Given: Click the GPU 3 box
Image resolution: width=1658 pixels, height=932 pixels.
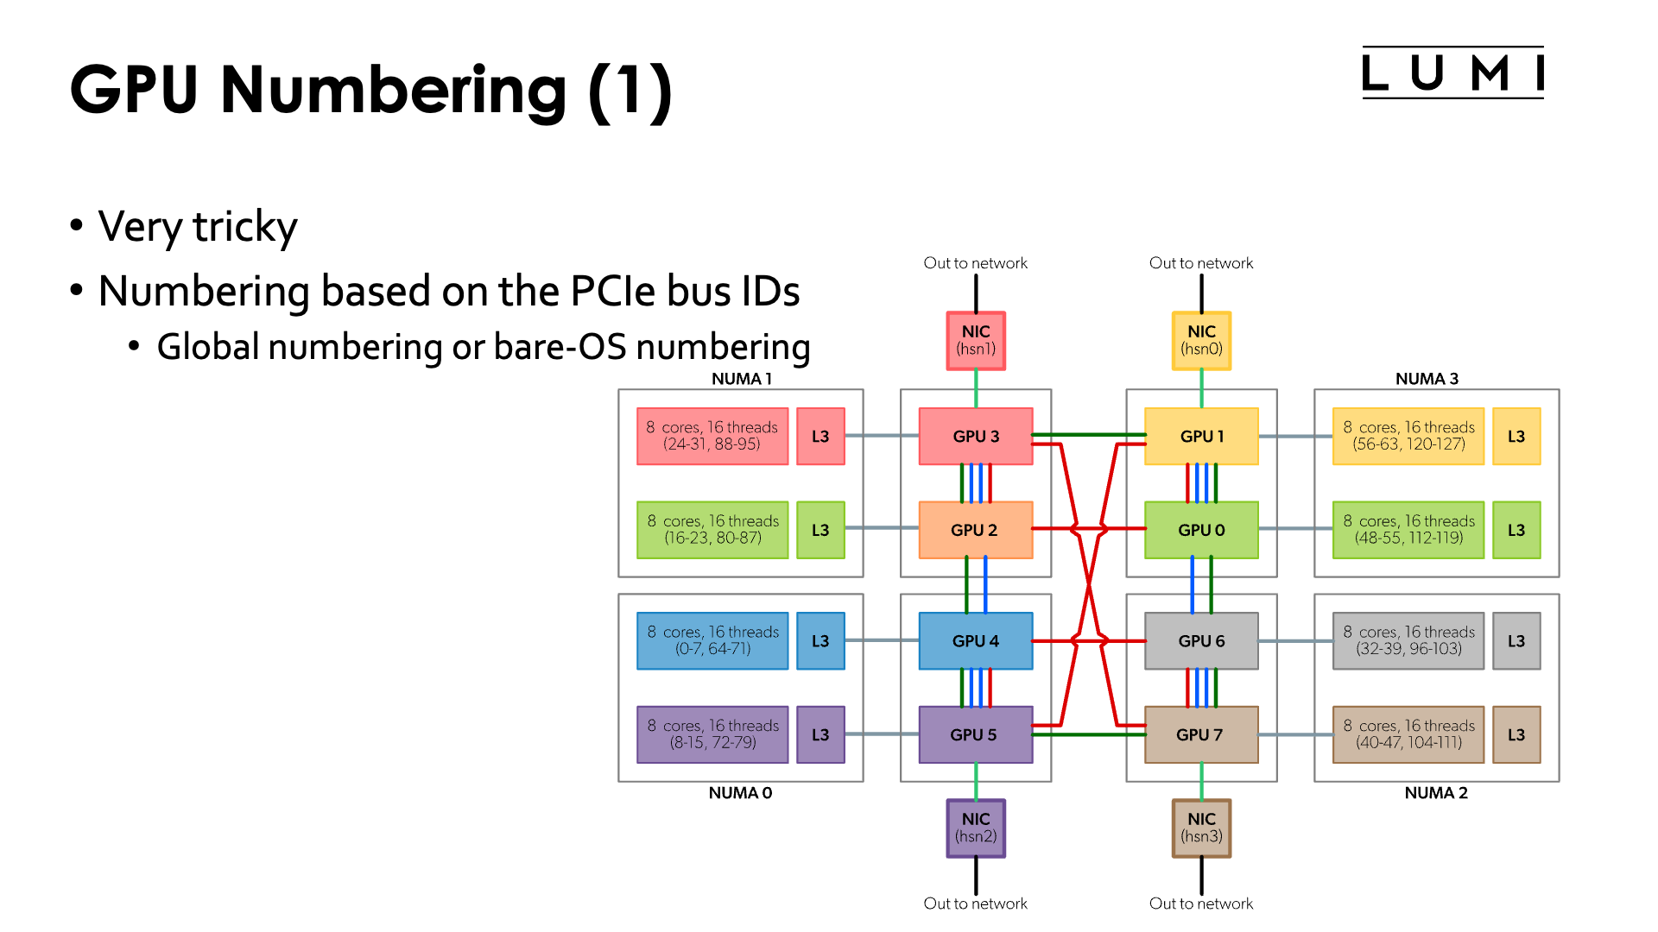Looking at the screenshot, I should coord(976,437).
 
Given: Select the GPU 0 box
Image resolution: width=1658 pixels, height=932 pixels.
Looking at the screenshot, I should coord(1201,530).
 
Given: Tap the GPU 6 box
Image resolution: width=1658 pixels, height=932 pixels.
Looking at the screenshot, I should coord(1201,641).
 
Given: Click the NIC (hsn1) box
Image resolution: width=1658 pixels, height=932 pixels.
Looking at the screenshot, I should coord(976,341).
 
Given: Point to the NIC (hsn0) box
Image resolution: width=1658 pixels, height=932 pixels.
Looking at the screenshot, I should coord(1201,341).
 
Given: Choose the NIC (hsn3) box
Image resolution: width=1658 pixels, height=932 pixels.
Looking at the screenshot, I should coord(1201,828).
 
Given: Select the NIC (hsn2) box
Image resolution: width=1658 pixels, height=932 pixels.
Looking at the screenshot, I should coord(976,828).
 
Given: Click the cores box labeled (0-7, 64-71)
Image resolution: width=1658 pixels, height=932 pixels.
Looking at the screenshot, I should coord(712,641).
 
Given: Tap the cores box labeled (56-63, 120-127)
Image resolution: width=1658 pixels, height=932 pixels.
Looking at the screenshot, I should coord(1408,437).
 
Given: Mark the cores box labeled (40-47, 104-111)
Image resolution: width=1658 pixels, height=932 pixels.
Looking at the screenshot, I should coord(1408,734).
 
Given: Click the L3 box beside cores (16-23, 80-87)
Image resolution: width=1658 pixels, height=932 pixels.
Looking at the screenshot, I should coord(820,530).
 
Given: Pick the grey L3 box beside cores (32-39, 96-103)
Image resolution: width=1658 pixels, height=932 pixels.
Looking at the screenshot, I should coord(1516,641).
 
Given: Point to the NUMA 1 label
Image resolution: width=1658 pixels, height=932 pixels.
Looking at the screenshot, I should coord(741,379).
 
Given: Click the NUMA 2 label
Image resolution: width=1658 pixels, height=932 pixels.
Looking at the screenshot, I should coord(1436,793).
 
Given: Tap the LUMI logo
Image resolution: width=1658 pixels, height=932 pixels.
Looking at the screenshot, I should coord(1452,73).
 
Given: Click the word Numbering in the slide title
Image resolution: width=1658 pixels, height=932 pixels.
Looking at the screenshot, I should coord(394,90).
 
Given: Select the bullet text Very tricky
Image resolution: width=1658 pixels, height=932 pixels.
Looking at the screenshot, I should coord(198,227).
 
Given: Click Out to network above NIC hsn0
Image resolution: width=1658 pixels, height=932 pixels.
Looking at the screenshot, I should coord(1201,263).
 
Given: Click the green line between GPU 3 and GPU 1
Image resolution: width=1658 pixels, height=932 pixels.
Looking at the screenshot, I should coord(1088,435).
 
